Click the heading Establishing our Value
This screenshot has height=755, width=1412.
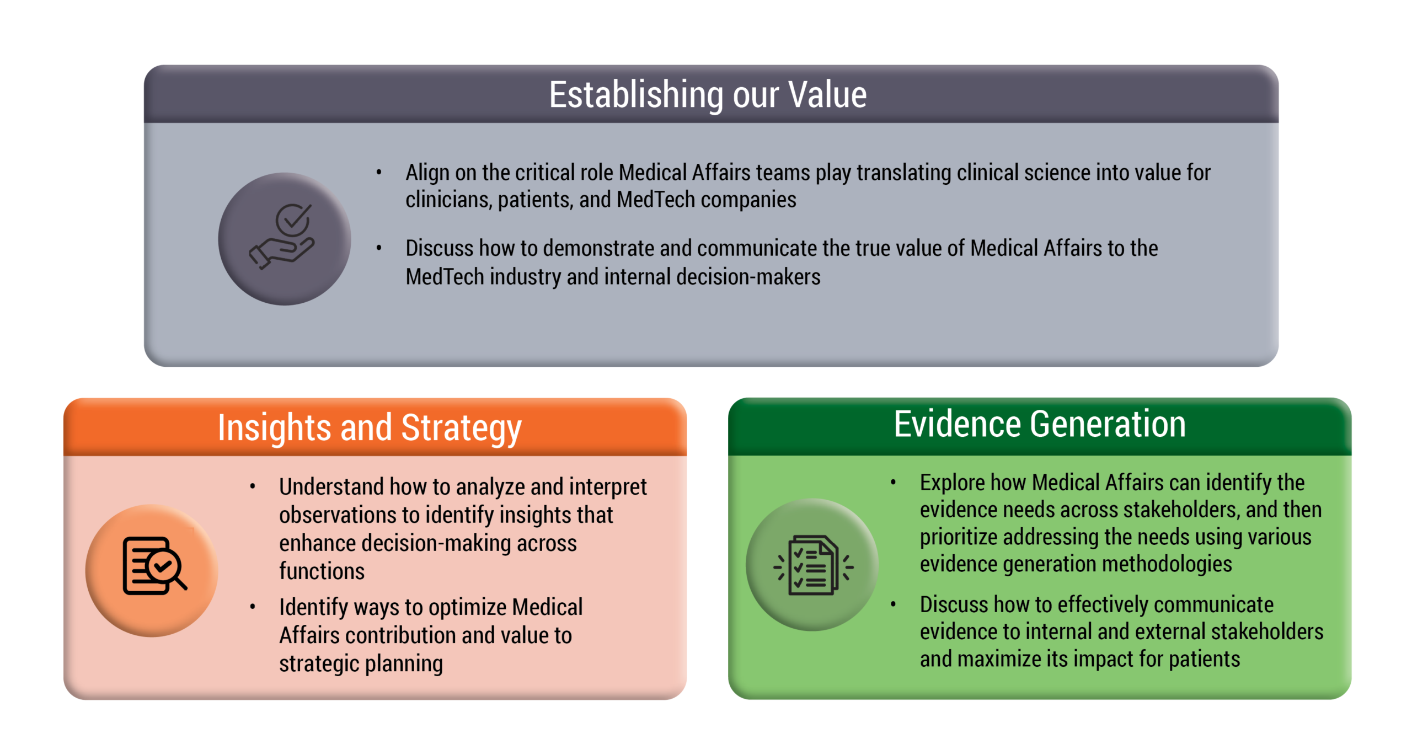708,95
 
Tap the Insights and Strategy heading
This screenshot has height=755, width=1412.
370,429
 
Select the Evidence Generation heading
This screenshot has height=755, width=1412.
1040,424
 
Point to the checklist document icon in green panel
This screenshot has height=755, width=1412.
814,565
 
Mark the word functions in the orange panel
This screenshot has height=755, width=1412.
322,571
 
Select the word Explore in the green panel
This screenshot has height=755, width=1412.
953,484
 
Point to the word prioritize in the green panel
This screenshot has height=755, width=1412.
959,538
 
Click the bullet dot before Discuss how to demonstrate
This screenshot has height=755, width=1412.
379,248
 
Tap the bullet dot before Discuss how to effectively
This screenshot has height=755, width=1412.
893,604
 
